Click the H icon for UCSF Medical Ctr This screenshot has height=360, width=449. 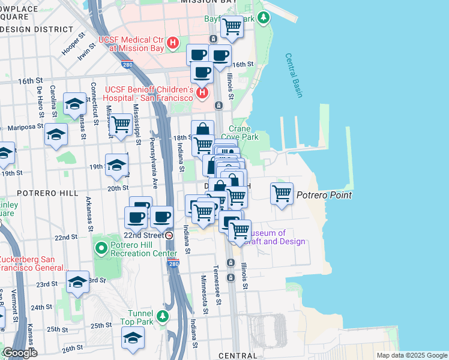(x=173, y=43)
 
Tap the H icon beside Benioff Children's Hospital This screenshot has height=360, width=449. (x=202, y=92)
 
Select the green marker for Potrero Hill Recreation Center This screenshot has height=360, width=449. (x=101, y=247)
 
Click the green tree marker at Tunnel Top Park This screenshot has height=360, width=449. (x=161, y=316)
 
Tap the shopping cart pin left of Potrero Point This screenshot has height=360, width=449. (x=282, y=194)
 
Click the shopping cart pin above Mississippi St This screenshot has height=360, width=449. (x=121, y=125)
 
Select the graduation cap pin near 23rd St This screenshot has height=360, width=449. (x=77, y=281)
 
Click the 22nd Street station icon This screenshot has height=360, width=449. (x=170, y=235)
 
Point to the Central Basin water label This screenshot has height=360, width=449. (x=294, y=76)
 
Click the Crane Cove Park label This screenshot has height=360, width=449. (x=244, y=133)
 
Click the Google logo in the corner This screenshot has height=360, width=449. (x=19, y=353)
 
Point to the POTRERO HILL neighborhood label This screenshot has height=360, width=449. (x=47, y=194)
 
